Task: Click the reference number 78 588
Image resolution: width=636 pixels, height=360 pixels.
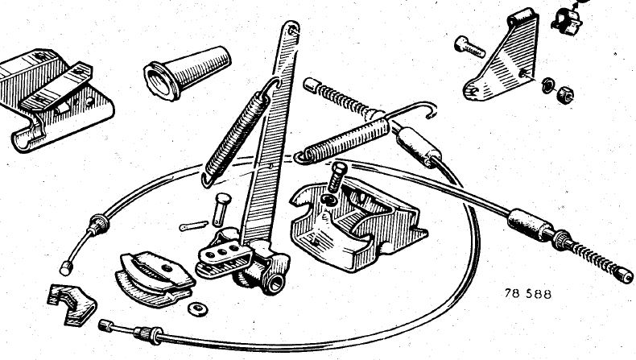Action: pos(528,293)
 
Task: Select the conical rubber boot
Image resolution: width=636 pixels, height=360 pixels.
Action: pos(187,72)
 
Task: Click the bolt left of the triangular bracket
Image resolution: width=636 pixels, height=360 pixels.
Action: pos(469,47)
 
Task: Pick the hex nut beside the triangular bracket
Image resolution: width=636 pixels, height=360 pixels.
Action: pos(564,95)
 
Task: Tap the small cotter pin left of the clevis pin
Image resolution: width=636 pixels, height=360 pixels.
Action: pos(193,226)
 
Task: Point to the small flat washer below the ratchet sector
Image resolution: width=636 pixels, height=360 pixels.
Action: pos(197,309)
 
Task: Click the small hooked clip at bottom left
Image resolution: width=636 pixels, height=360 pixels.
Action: pos(72,304)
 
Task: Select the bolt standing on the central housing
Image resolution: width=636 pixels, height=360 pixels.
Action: pos(337,177)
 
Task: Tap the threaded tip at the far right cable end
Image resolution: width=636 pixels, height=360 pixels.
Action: pos(623,275)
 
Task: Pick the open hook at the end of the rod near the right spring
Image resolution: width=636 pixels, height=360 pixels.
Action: pos(429,109)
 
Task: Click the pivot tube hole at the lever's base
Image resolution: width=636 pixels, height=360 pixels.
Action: pos(275,283)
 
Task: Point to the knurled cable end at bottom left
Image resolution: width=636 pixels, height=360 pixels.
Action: pos(105,325)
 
